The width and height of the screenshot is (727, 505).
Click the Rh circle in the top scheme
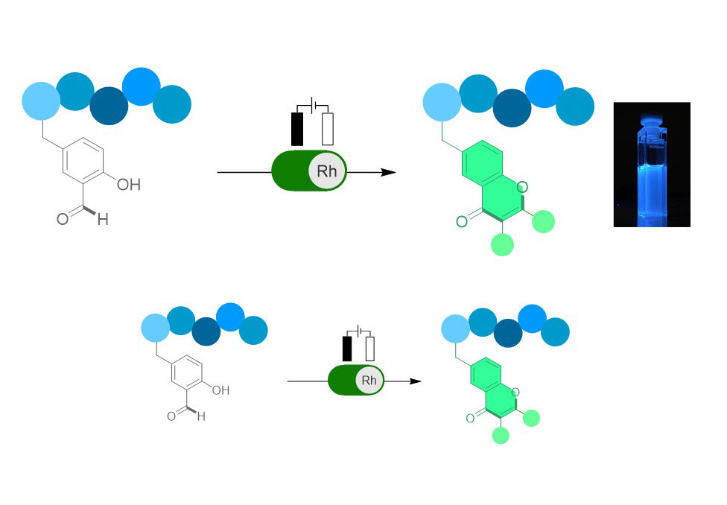click(327, 171)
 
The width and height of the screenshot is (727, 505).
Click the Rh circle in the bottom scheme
click(369, 381)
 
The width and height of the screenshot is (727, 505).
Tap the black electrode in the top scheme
click(297, 128)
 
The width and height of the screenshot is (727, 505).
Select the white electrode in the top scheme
click(328, 128)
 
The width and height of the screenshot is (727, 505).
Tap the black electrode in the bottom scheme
click(346, 349)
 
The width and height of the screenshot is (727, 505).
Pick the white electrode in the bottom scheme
click(369, 349)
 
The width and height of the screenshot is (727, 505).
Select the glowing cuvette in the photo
click(651, 168)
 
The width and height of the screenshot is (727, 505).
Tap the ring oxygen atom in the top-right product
click(522, 186)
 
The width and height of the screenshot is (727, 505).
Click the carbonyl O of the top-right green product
click(462, 220)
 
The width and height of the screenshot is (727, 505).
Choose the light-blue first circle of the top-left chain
click(41, 101)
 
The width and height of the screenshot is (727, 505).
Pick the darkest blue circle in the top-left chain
click(109, 106)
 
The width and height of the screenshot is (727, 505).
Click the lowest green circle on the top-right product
click(503, 244)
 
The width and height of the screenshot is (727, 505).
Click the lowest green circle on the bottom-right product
click(501, 435)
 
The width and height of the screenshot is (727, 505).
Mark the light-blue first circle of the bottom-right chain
click(455, 328)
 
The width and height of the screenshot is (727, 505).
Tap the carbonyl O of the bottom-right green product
click(470, 419)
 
